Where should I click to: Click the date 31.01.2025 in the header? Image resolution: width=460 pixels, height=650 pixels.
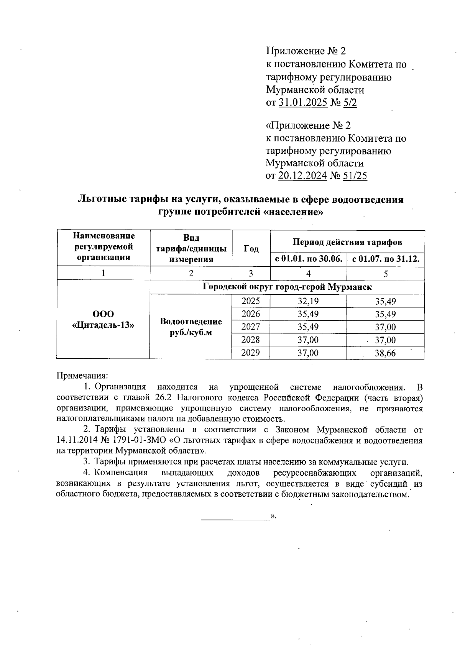coord(303,102)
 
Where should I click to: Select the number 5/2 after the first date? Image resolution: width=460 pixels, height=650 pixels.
coord(350,102)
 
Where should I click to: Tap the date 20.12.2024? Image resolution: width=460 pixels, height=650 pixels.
coord(302,176)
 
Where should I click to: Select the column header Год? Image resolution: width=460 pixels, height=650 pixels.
coord(251,248)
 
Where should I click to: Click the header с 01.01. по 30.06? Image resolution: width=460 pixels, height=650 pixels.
coord(308,259)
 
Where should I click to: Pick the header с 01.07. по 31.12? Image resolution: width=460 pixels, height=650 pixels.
coord(386,259)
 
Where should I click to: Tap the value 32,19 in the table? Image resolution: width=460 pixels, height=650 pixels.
coord(308,301)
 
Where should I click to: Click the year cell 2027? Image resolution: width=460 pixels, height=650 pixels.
coord(251,327)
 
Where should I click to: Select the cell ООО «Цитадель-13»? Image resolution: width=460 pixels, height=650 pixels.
coord(103,320)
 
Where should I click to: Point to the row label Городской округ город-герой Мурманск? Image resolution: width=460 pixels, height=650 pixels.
coord(287,287)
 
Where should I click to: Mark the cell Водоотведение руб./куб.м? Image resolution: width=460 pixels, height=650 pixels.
coord(191,327)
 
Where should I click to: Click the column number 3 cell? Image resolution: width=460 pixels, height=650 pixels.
coord(251,274)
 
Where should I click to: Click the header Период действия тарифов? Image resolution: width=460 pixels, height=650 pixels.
coord(347,242)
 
